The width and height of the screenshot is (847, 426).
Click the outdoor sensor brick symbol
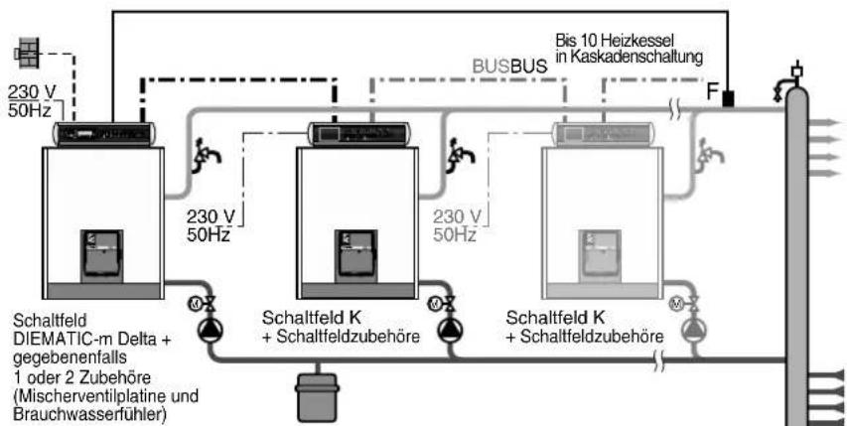point(27,54)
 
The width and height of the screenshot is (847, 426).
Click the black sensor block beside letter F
point(728,98)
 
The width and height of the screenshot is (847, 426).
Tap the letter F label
point(713,92)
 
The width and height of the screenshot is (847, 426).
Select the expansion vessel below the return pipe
point(317,396)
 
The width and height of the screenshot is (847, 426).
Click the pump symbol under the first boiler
point(208,329)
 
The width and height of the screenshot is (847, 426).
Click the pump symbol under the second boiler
point(448,329)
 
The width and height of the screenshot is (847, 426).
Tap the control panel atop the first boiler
point(104,134)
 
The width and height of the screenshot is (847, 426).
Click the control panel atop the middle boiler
point(357,134)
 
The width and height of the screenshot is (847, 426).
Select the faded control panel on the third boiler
point(603,134)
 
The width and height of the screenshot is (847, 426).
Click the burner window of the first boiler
point(102,256)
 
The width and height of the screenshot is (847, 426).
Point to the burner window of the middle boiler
point(355,256)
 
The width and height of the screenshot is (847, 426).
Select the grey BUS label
point(492,67)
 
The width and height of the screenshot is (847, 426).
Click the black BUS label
point(529,67)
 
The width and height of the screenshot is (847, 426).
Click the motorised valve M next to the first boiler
point(195,303)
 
